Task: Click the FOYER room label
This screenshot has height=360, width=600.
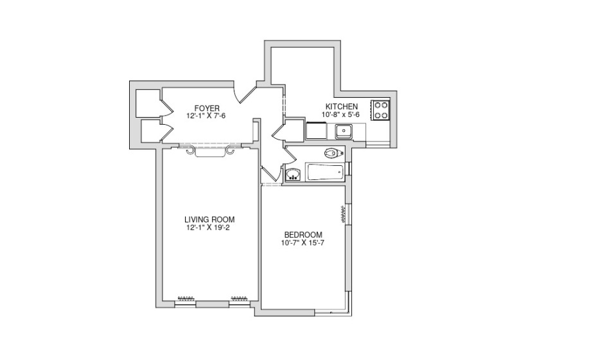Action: point(207,109)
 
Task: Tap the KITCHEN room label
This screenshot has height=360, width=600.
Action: point(341,107)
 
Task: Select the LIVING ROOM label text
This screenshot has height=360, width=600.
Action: point(209,220)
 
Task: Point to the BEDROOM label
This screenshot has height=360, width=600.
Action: point(303,235)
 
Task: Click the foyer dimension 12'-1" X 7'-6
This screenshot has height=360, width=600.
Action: point(206,116)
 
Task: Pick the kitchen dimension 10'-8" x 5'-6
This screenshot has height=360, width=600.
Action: point(340,114)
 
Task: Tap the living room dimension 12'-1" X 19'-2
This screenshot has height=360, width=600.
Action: point(207,228)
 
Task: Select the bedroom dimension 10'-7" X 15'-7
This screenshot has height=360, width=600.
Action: point(303,243)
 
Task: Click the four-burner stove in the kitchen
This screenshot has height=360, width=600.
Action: point(380,110)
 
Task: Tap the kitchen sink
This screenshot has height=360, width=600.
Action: point(345,131)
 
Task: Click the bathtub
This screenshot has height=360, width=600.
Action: point(325,172)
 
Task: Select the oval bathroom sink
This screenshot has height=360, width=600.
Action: point(293,175)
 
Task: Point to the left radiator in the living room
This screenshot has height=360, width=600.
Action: point(186,298)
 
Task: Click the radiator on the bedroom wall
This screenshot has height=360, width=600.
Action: point(343,215)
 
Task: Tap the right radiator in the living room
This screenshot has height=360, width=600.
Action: point(240,298)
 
